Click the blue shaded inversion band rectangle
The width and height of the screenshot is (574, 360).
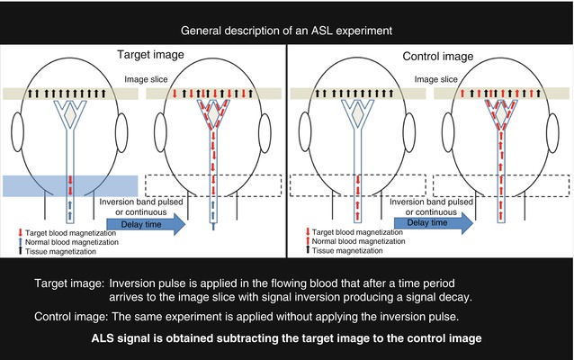pos(69,184)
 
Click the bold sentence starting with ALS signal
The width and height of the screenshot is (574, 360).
pos(287,339)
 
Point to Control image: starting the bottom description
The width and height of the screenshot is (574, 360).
pos(69,318)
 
